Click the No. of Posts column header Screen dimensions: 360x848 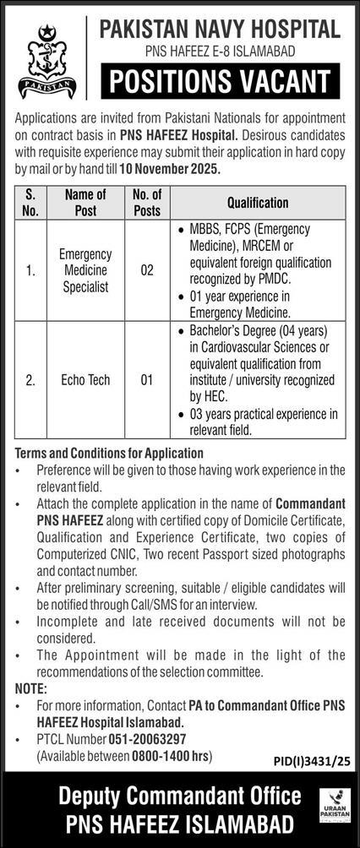point(147,203)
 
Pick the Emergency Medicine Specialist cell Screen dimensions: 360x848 point(85,271)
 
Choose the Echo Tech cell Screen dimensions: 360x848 point(85,380)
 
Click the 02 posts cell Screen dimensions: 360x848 point(147,271)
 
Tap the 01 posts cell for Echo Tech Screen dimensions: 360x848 point(147,380)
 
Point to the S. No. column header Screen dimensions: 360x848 point(30,203)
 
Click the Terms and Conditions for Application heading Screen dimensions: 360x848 point(109,453)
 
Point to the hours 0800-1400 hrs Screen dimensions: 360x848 point(163,754)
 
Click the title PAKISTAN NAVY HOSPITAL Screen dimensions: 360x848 point(219,30)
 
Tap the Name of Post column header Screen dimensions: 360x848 point(85,203)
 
